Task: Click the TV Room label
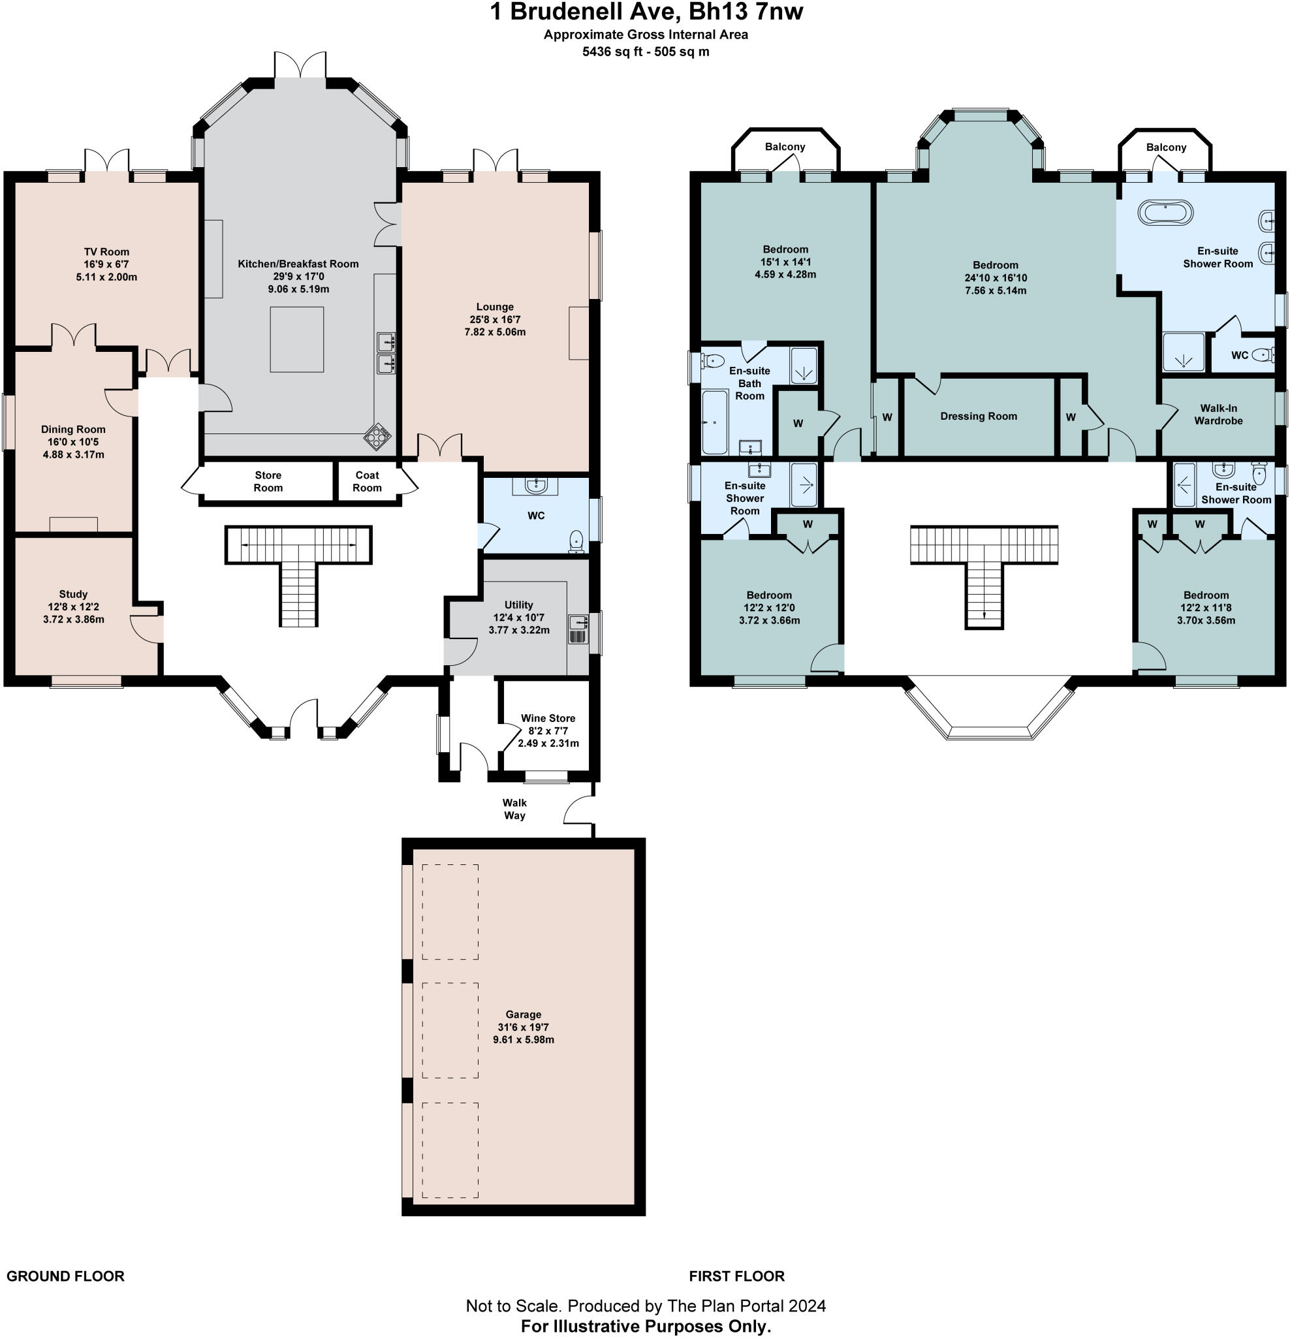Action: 106,252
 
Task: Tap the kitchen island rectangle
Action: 297,339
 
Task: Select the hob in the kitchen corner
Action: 377,437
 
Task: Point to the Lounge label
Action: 496,307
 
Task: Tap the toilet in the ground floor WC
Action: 577,541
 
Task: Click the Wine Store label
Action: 548,718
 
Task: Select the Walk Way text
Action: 514,809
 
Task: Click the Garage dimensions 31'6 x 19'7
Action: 523,1028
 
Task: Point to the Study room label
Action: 73,594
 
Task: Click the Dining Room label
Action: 73,429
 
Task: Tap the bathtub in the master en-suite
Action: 1165,213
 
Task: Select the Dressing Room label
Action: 978,416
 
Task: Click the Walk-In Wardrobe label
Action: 1218,414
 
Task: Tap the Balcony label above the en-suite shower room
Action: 1166,148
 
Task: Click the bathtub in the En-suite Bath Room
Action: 715,422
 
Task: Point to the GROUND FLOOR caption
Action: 65,1276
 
